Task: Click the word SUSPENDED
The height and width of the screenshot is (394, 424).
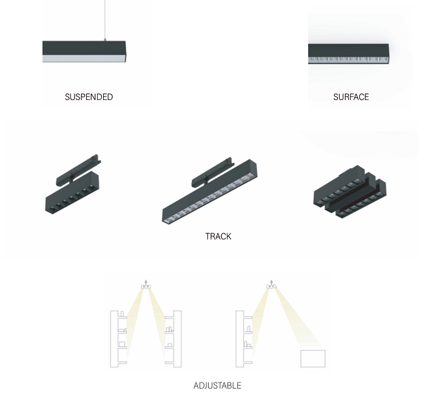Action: point(89,97)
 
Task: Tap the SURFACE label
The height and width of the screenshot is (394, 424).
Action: point(351,97)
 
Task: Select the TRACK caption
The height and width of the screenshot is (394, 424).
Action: point(218,236)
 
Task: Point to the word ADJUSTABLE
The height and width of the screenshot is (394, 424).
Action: point(217,386)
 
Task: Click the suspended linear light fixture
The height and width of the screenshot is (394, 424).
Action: point(84,52)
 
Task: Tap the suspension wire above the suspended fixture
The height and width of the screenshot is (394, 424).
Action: point(105,19)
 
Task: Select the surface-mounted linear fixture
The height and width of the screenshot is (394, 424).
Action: point(349,54)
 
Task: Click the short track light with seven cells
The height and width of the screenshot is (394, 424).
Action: point(72,193)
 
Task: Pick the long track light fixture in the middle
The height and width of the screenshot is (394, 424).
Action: point(210,192)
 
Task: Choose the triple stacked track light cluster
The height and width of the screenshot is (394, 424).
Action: point(350,192)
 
